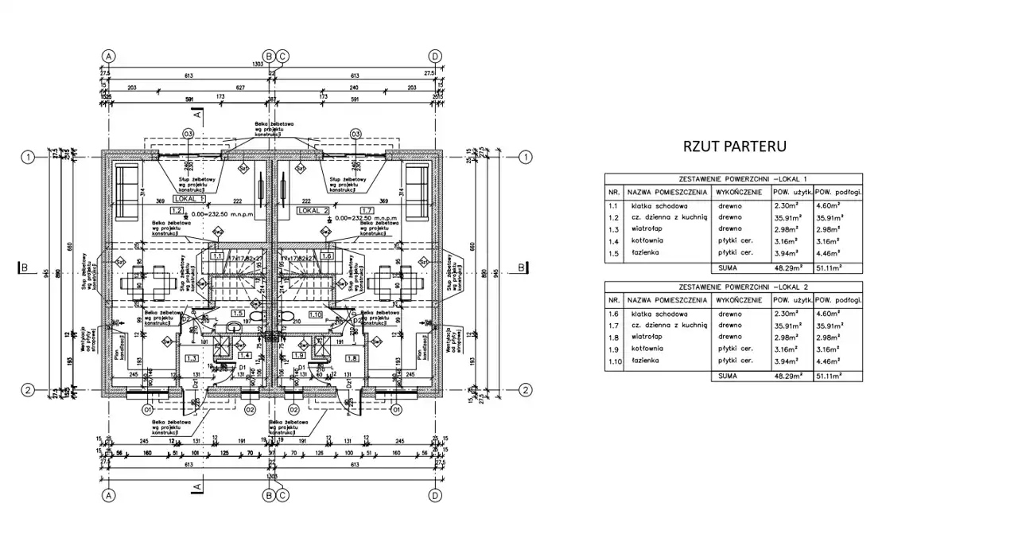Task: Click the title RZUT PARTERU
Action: tap(735, 146)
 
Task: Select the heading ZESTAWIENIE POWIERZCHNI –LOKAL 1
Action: tap(733, 180)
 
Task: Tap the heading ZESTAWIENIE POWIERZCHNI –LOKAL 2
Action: tap(733, 287)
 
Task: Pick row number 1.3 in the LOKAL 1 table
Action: tap(613, 228)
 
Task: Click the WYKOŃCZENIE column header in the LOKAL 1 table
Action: tap(739, 193)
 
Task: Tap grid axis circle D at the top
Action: tap(435, 56)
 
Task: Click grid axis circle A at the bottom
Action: tap(109, 496)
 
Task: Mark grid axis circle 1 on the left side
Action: tap(28, 157)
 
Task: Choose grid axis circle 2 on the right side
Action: tap(525, 390)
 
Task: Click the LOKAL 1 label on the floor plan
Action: tap(188, 198)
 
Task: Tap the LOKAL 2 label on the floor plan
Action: tap(313, 210)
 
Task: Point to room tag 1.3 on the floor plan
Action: tap(191, 359)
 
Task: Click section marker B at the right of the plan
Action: tap(521, 268)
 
